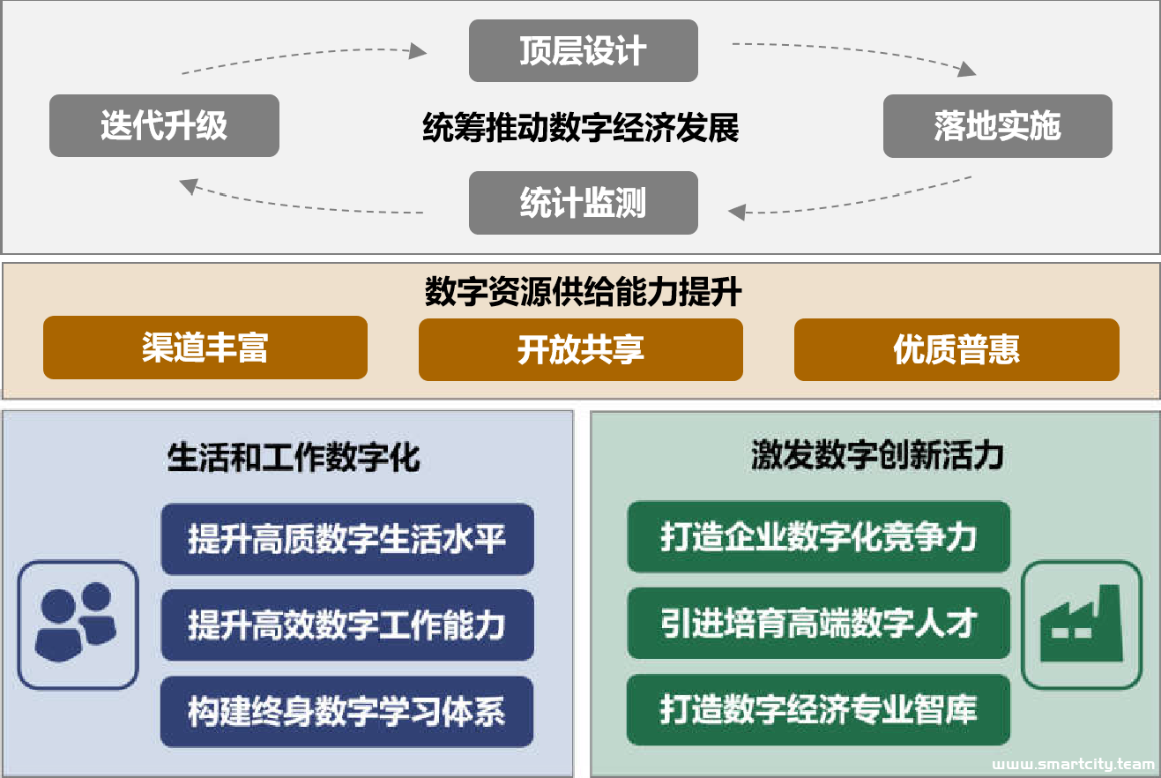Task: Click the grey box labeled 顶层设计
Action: point(583,50)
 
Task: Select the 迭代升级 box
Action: point(164,125)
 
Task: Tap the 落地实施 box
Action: point(998,126)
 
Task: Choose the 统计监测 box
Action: point(583,203)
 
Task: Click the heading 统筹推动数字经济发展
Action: point(581,127)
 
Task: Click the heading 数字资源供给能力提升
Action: point(583,291)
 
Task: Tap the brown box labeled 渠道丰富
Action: point(205,348)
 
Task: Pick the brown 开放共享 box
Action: point(581,349)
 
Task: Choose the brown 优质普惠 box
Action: point(956,349)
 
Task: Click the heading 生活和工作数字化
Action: point(294,458)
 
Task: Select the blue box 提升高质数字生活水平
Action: point(347,539)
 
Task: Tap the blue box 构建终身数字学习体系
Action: point(346,711)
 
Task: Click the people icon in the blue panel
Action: point(78,625)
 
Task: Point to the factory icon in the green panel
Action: point(1082,625)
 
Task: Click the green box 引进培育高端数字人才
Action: point(818,623)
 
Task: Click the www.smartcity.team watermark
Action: point(1073,764)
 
